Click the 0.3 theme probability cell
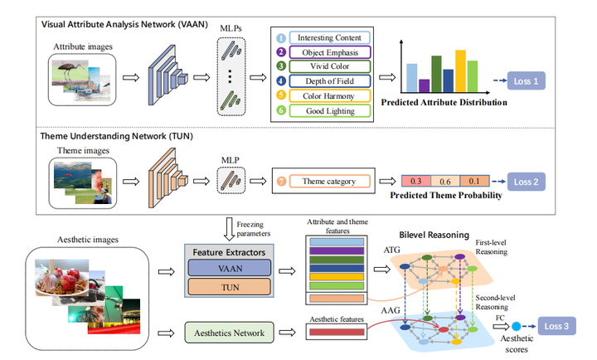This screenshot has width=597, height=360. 417,182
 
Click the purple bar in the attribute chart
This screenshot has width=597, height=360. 425,85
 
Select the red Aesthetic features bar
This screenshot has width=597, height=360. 334,333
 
